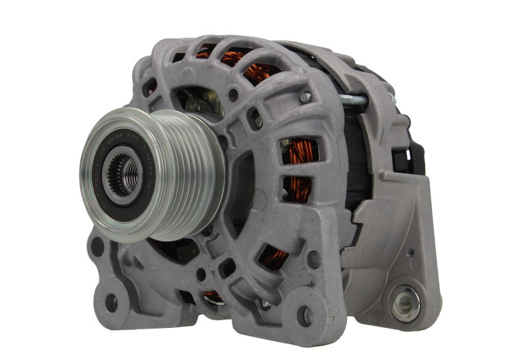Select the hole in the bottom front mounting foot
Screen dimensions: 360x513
click(307, 315)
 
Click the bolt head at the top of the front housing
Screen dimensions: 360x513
click(306, 97)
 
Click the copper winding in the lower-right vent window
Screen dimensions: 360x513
click(275, 257)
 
